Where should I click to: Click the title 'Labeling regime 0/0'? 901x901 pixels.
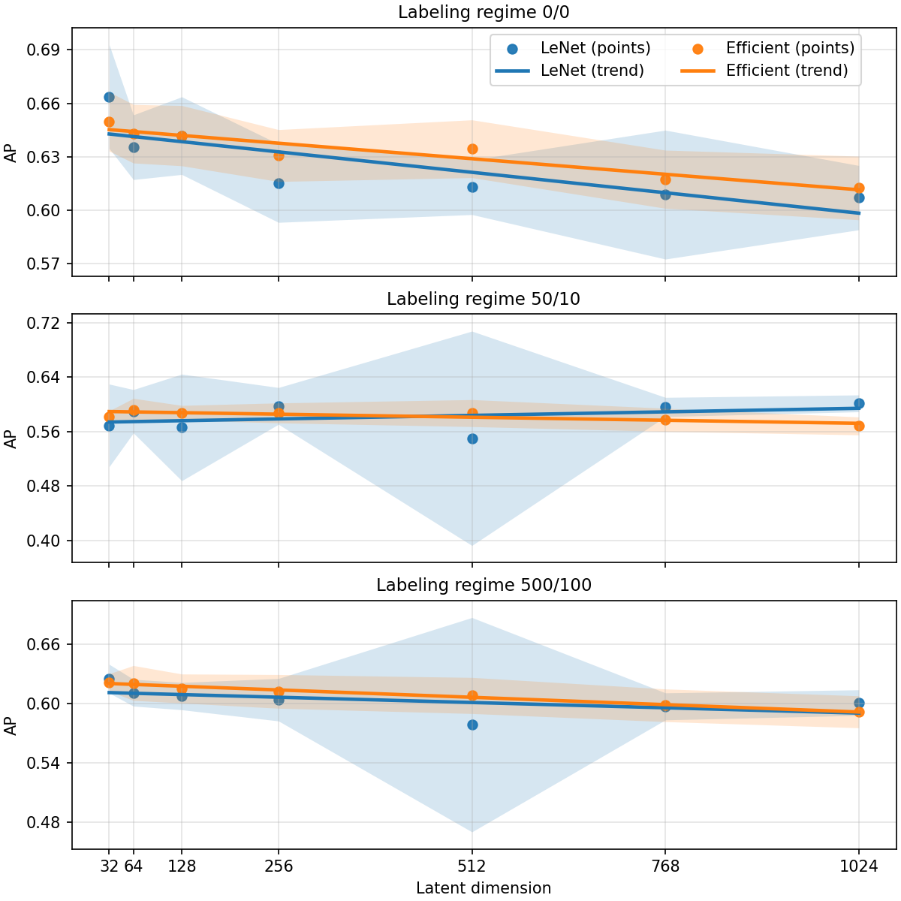pyautogui.click(x=484, y=13)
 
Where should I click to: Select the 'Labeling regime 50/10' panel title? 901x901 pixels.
pyautogui.click(x=484, y=299)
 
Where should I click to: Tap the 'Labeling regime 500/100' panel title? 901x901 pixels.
pyautogui.click(x=484, y=585)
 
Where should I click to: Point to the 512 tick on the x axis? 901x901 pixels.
pyautogui.click(x=472, y=866)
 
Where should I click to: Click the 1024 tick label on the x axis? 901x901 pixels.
pyautogui.click(x=859, y=866)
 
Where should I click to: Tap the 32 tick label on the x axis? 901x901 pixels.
pyautogui.click(x=109, y=866)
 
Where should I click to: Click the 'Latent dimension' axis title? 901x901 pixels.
pyautogui.click(x=484, y=888)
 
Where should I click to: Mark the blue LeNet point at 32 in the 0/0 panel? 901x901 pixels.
pyautogui.click(x=109, y=97)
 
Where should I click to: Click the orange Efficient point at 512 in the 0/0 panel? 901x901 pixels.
pyautogui.click(x=472, y=149)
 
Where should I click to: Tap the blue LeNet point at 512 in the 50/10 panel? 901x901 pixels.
pyautogui.click(x=472, y=438)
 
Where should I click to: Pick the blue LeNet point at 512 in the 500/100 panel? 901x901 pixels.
pyautogui.click(x=472, y=725)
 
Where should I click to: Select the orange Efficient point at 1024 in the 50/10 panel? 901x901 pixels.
pyautogui.click(x=859, y=426)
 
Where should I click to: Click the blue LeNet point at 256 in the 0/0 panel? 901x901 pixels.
pyautogui.click(x=279, y=183)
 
